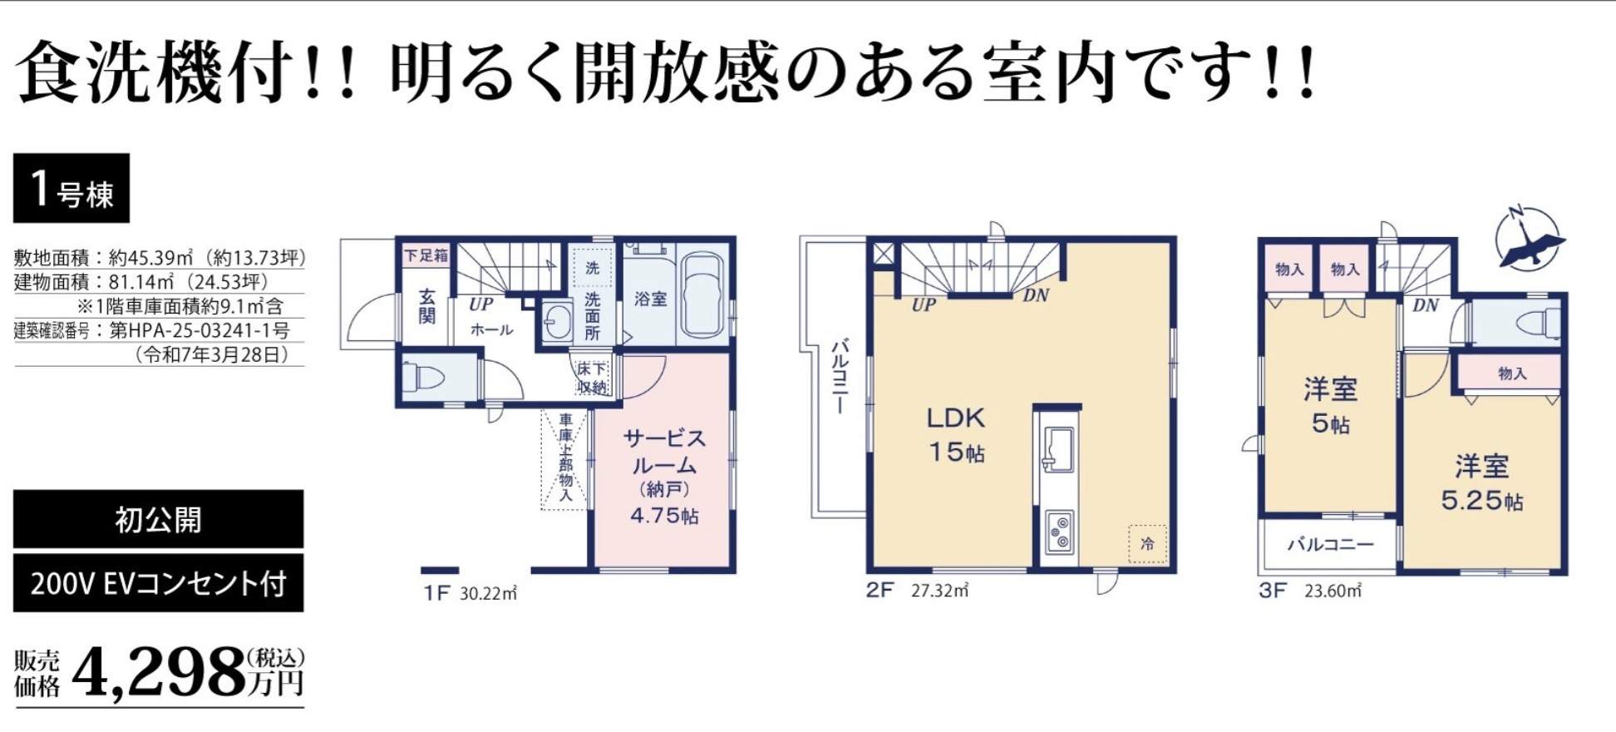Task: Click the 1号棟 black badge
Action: click(71, 188)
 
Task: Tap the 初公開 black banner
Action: click(158, 520)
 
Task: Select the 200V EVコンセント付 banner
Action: click(158, 583)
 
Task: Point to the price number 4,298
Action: click(158, 673)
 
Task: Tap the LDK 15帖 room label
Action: click(956, 434)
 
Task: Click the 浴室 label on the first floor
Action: click(650, 299)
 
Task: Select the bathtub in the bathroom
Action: click(703, 295)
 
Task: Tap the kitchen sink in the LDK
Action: click(1058, 449)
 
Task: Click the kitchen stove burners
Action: click(1059, 532)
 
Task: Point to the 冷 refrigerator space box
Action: click(1147, 544)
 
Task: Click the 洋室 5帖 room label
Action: click(1331, 406)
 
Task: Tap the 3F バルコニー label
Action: click(1331, 545)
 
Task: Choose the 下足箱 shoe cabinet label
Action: click(426, 255)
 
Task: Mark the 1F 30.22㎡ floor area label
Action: click(471, 593)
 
